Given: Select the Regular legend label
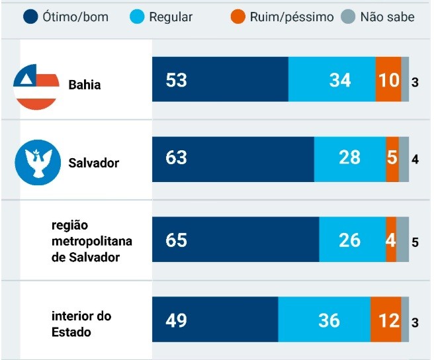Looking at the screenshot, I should click(x=170, y=17).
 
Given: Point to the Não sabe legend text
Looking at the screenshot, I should click(x=387, y=17).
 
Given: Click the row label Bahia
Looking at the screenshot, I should click(x=85, y=85).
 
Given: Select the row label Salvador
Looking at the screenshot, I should click(x=93, y=163).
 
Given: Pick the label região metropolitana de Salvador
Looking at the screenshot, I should click(x=85, y=240).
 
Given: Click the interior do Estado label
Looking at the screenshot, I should click(x=81, y=324).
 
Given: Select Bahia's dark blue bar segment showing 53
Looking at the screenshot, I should click(x=220, y=79).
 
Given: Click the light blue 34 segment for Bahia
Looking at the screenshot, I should click(x=332, y=79).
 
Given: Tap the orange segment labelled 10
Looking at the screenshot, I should click(x=388, y=79).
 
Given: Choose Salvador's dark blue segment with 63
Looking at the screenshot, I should click(x=233, y=159).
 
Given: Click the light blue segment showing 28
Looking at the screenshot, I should click(x=349, y=159).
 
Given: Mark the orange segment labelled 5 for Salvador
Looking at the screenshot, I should click(x=392, y=159).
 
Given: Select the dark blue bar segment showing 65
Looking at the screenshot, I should click(x=235, y=240).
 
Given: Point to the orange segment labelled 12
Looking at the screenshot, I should click(x=386, y=320).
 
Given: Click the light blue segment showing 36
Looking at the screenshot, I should click(x=324, y=320).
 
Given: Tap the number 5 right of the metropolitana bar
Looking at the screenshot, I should click(x=415, y=242).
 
